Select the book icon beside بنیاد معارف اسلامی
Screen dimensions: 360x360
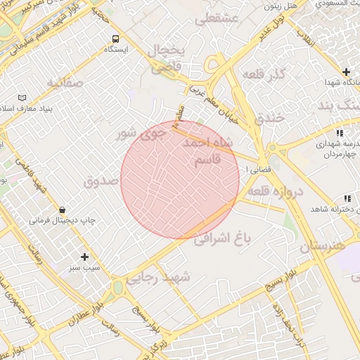click(22, 97)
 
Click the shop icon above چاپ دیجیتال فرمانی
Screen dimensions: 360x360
click(63, 209)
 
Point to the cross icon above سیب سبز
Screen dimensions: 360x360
click(85, 257)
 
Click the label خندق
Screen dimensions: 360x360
click(266, 117)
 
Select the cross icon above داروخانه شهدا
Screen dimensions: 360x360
click(346, 72)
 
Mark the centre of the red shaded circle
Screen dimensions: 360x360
click(180, 179)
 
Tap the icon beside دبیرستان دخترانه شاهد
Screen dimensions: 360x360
click(347, 199)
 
